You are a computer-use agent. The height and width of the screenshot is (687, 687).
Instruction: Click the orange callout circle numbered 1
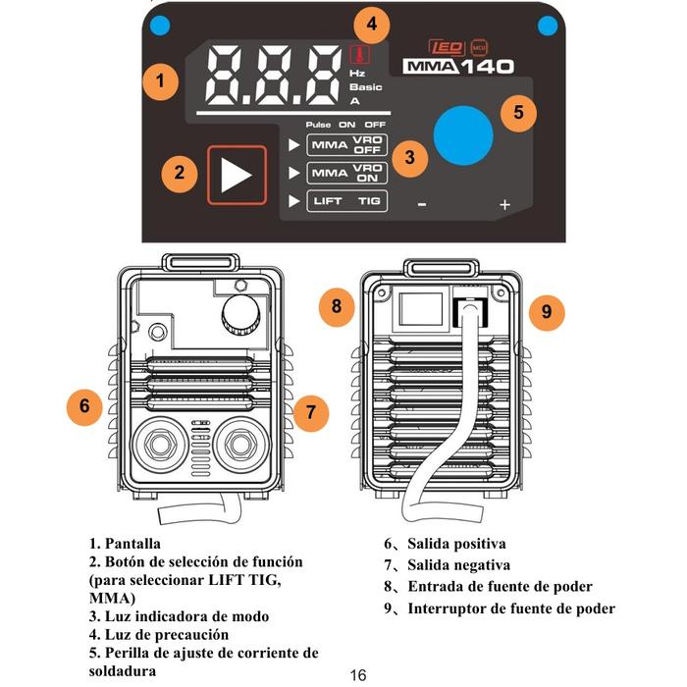[160, 79]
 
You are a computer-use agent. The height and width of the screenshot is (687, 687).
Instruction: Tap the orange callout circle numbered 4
[371, 24]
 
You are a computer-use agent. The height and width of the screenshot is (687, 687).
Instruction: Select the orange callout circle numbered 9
[547, 313]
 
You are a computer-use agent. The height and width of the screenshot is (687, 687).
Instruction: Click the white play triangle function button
[236, 175]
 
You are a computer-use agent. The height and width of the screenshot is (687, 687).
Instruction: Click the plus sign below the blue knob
[504, 204]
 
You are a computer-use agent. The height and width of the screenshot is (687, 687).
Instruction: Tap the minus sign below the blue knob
[421, 204]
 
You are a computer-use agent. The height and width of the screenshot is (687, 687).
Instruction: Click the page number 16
[357, 675]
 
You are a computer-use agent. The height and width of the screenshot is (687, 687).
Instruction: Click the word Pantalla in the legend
[132, 543]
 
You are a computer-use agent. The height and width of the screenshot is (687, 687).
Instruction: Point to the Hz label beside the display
[357, 74]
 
